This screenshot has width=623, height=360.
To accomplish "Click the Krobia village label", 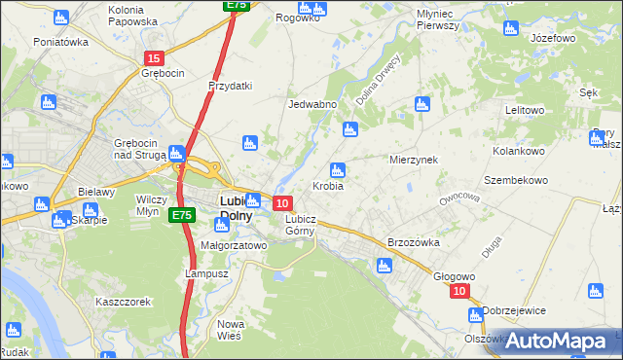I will (x=327, y=186).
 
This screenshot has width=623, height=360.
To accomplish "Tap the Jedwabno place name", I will (x=312, y=104).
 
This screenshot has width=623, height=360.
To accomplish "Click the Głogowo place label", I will (x=454, y=275).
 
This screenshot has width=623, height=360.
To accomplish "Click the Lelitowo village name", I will (x=524, y=110).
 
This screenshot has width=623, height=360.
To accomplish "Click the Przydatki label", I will (x=230, y=86).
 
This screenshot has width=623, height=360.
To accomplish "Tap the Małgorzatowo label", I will (x=233, y=246).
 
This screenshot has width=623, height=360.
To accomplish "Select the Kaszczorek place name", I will (x=123, y=302).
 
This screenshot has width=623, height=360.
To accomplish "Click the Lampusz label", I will (x=206, y=273).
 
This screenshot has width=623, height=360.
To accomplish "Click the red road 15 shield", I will (x=153, y=58).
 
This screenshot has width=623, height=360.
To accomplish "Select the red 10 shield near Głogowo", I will (x=460, y=291).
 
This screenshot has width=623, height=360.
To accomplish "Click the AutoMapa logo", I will (x=556, y=341).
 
